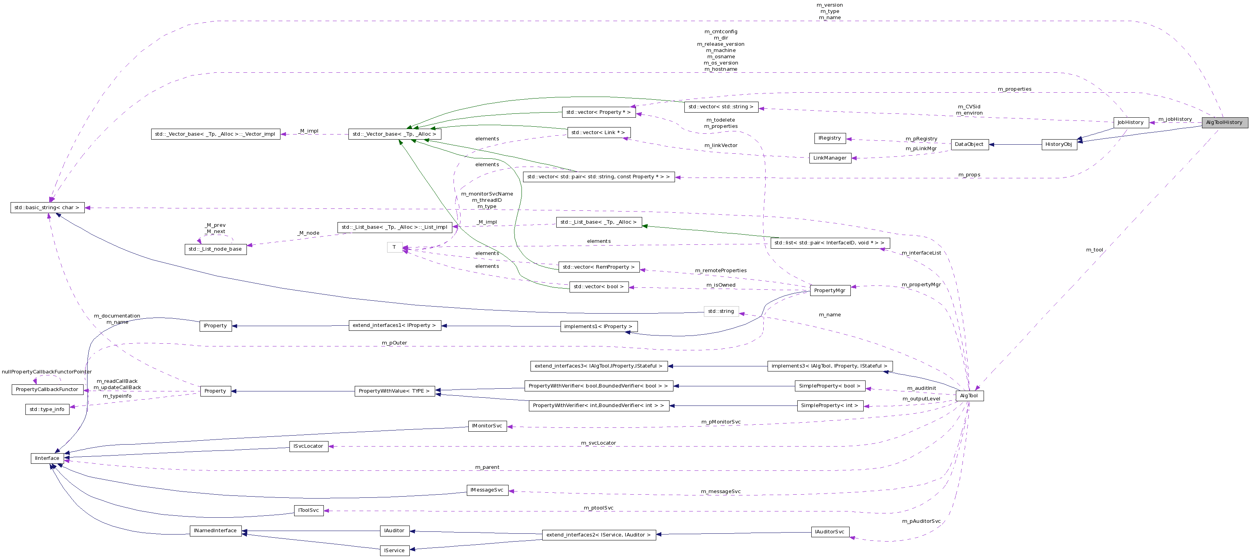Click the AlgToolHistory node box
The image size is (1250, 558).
click(x=1224, y=122)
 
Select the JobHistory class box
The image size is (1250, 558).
click(x=1130, y=122)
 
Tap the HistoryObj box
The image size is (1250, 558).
click(x=1059, y=144)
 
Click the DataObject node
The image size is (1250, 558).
click(x=969, y=144)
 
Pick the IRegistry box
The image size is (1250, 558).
click(x=830, y=138)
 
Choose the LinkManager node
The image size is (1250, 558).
click(x=830, y=158)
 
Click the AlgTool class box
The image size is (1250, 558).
click(x=969, y=396)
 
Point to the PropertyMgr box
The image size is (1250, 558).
click(x=830, y=291)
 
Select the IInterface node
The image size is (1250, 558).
click(x=47, y=458)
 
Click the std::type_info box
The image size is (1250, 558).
click(x=47, y=409)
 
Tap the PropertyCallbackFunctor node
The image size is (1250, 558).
click(x=47, y=389)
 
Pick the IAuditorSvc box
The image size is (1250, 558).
click(x=830, y=532)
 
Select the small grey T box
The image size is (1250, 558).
click(x=395, y=247)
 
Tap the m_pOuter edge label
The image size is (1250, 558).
click(x=395, y=343)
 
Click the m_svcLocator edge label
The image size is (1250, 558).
click(x=598, y=443)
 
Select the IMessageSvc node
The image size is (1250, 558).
click(x=487, y=490)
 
